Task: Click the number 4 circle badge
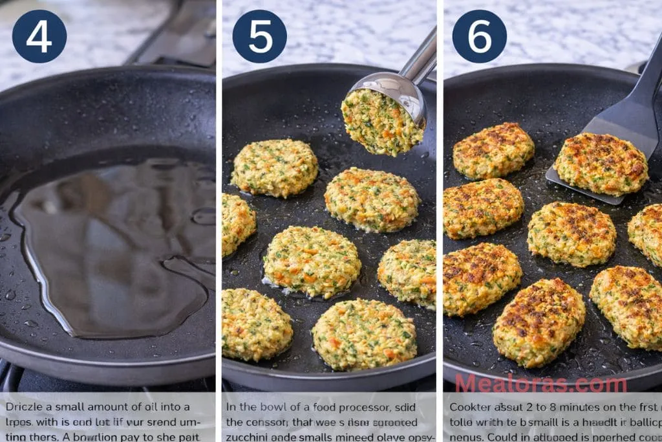pos(39,36)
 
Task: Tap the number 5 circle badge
pos(259,36)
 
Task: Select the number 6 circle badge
pos(479,36)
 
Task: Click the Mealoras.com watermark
pos(540,383)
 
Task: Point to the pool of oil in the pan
pos(110,246)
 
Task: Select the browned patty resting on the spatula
pos(601,164)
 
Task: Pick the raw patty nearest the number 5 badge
pos(274,168)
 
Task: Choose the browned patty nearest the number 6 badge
pos(493,150)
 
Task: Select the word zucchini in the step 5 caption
pos(247,437)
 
